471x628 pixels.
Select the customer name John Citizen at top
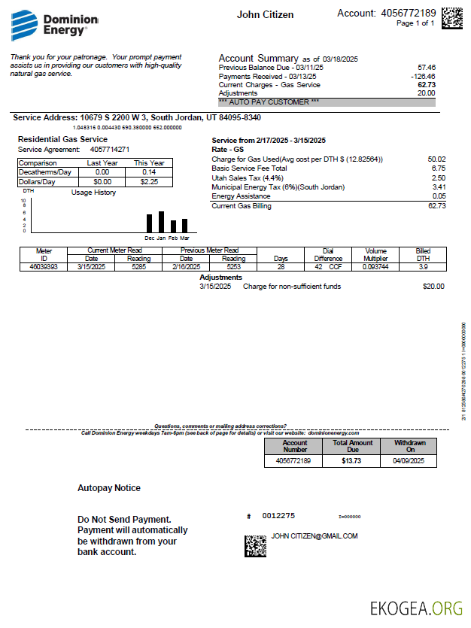[x=265, y=15]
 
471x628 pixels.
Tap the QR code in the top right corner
[x=451, y=18]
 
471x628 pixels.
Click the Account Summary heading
[x=258, y=59]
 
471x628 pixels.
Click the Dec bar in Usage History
[x=149, y=223]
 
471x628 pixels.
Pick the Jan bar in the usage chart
[x=161, y=222]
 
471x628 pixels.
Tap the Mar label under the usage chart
[x=184, y=238]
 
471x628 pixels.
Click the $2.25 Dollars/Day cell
[x=148, y=181]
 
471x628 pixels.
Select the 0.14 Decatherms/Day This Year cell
[x=148, y=172]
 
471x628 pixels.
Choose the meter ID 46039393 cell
[x=44, y=266]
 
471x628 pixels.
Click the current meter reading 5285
[x=138, y=266]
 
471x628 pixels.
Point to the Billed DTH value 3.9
[x=423, y=266]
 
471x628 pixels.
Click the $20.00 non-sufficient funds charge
[x=433, y=287]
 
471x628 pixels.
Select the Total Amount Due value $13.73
[x=351, y=460]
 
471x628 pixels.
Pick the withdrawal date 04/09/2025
[x=409, y=460]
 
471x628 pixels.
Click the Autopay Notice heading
[x=109, y=488]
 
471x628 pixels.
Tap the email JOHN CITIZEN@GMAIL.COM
[x=315, y=536]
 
